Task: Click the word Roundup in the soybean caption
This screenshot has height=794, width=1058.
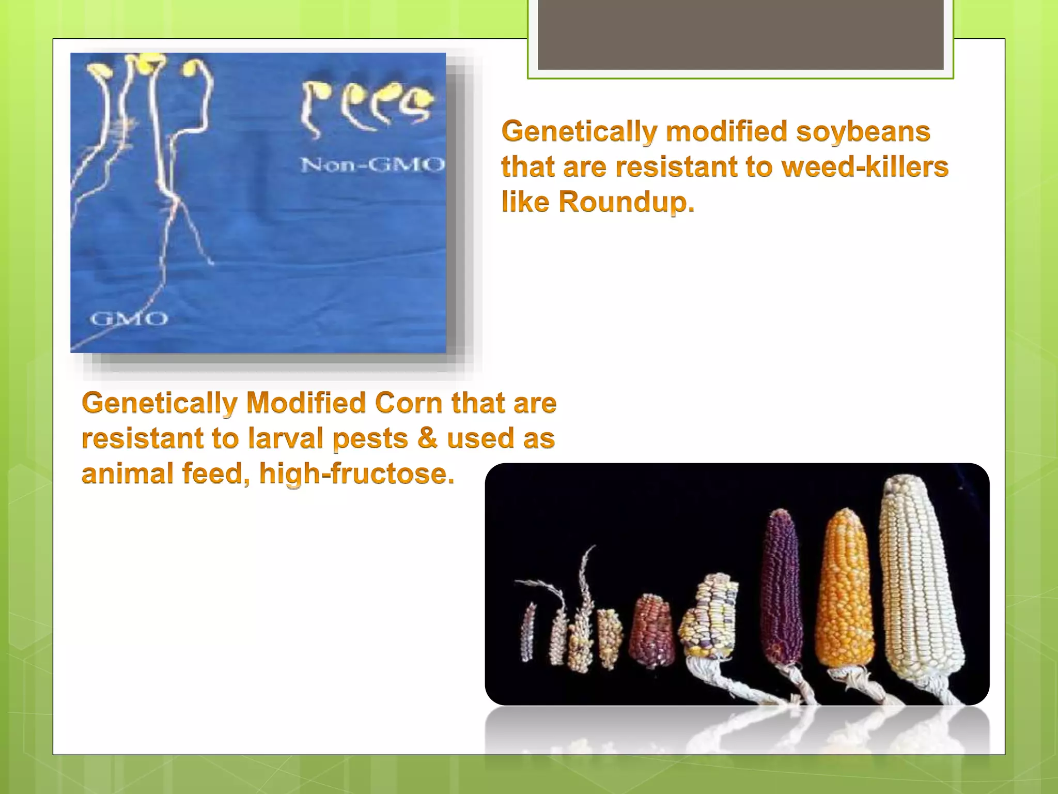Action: [x=626, y=202]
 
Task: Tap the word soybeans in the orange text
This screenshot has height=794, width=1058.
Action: [x=863, y=131]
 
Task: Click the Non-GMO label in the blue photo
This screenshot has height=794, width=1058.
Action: [x=372, y=165]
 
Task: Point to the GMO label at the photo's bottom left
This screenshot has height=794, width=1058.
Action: [x=129, y=318]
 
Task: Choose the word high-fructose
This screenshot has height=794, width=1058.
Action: [x=356, y=474]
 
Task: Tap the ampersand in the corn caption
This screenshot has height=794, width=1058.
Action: [x=427, y=438]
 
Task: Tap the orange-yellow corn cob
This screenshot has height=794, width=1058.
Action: [x=845, y=589]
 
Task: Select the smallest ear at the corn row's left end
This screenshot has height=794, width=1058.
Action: [x=528, y=633]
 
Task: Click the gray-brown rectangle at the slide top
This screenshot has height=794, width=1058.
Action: [x=740, y=34]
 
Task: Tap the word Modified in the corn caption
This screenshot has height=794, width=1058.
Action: [x=306, y=403]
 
